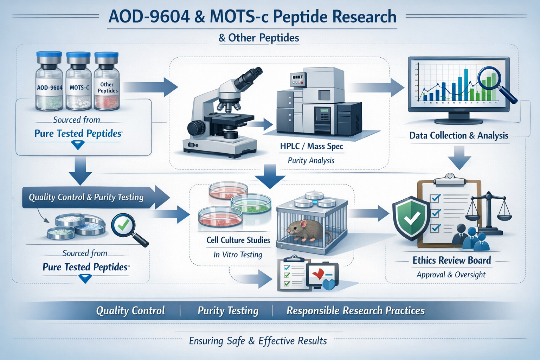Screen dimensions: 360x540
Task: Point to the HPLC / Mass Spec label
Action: [311, 146]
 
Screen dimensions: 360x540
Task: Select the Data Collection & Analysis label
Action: [459, 136]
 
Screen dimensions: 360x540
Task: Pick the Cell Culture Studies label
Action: [238, 240]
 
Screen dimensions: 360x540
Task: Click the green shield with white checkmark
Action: [411, 218]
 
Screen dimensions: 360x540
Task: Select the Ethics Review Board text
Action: [451, 261]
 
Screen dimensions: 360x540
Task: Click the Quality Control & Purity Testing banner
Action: [86, 197]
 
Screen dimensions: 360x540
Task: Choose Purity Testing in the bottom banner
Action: [228, 311]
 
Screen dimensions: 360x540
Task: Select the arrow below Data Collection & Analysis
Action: [459, 157]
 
